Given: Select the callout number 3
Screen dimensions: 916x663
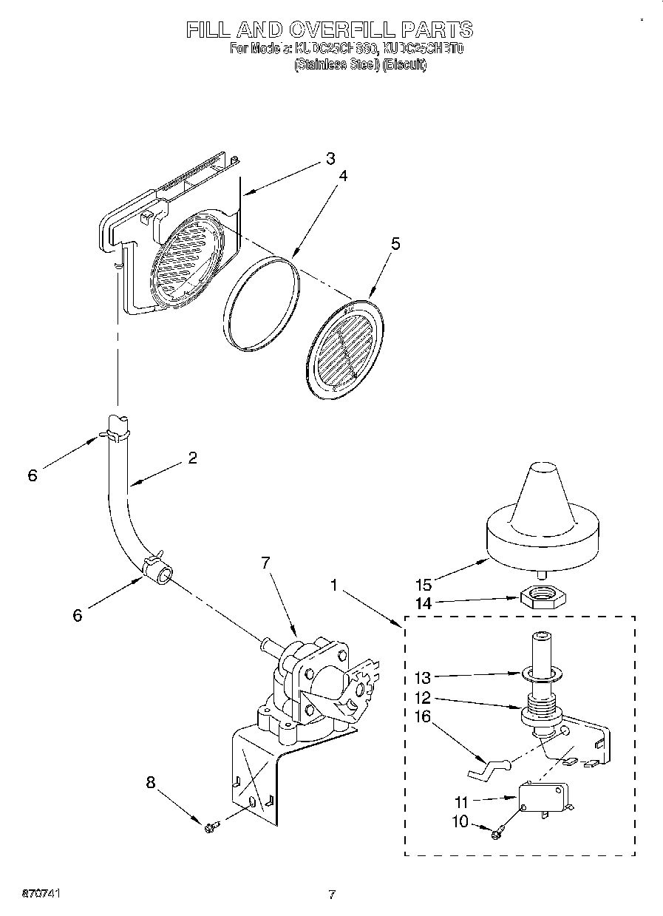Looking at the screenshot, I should [330, 158].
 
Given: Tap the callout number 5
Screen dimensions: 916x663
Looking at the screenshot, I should [395, 245].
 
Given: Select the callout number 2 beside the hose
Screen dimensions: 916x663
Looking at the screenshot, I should [192, 458].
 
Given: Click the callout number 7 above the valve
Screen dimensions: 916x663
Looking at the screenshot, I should [265, 563].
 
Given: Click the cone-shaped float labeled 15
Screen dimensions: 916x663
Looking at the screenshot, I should [543, 518].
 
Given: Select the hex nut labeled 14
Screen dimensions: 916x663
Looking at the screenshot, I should [543, 597].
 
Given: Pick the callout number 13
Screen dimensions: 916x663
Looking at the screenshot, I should [422, 676].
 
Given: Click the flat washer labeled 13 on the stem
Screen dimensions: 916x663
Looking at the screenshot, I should [544, 674].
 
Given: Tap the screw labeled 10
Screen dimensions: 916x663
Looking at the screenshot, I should [496, 833].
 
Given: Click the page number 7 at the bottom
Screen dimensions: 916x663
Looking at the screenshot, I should [332, 895].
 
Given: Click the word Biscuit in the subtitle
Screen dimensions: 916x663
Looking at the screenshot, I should [405, 65].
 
